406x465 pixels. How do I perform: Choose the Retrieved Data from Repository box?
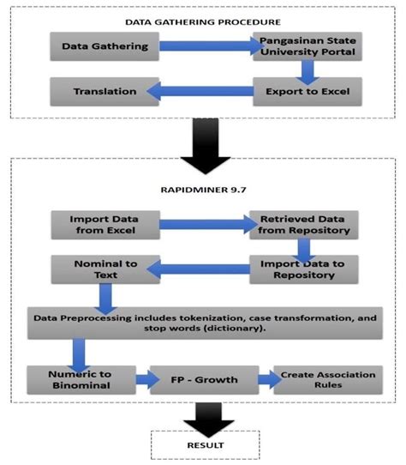(x=304, y=225)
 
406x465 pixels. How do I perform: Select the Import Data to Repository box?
(x=304, y=269)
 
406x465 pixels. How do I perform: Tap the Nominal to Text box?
(x=93, y=269)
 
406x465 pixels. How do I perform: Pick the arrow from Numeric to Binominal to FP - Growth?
(x=142, y=378)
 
